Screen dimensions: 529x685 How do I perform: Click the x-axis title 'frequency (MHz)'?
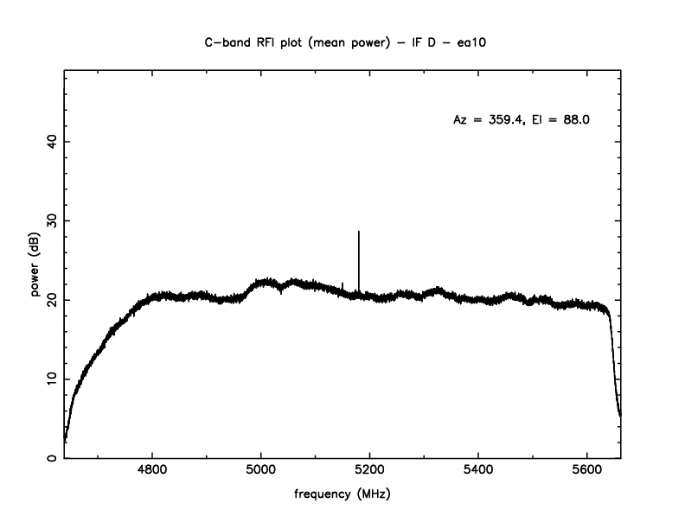(343, 496)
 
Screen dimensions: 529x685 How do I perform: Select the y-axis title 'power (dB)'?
(36, 269)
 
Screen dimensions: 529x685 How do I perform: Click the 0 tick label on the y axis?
(51, 458)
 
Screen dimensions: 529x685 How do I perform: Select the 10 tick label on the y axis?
(51, 379)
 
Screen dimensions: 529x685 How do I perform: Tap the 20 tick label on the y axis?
(51, 299)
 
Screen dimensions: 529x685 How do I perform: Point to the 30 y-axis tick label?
(51, 220)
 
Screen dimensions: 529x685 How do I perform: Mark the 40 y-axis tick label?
(51, 141)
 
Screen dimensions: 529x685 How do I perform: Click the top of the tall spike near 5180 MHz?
(359, 233)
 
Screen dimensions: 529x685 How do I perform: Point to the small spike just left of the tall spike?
(342, 284)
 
